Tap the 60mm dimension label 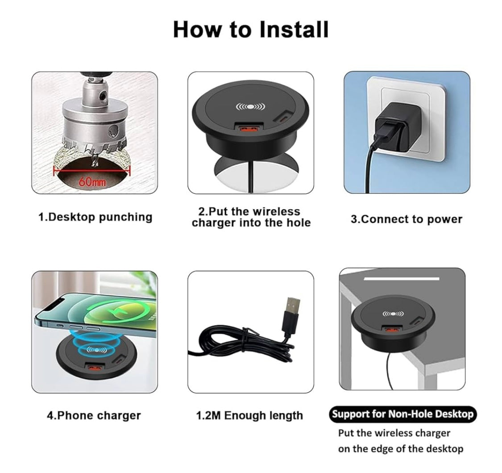[x=92, y=182]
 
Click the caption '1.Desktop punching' [x=95, y=217]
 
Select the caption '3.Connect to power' [x=406, y=219]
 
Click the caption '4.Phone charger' [x=94, y=415]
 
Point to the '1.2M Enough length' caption [x=249, y=415]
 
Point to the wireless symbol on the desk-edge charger [x=390, y=314]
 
